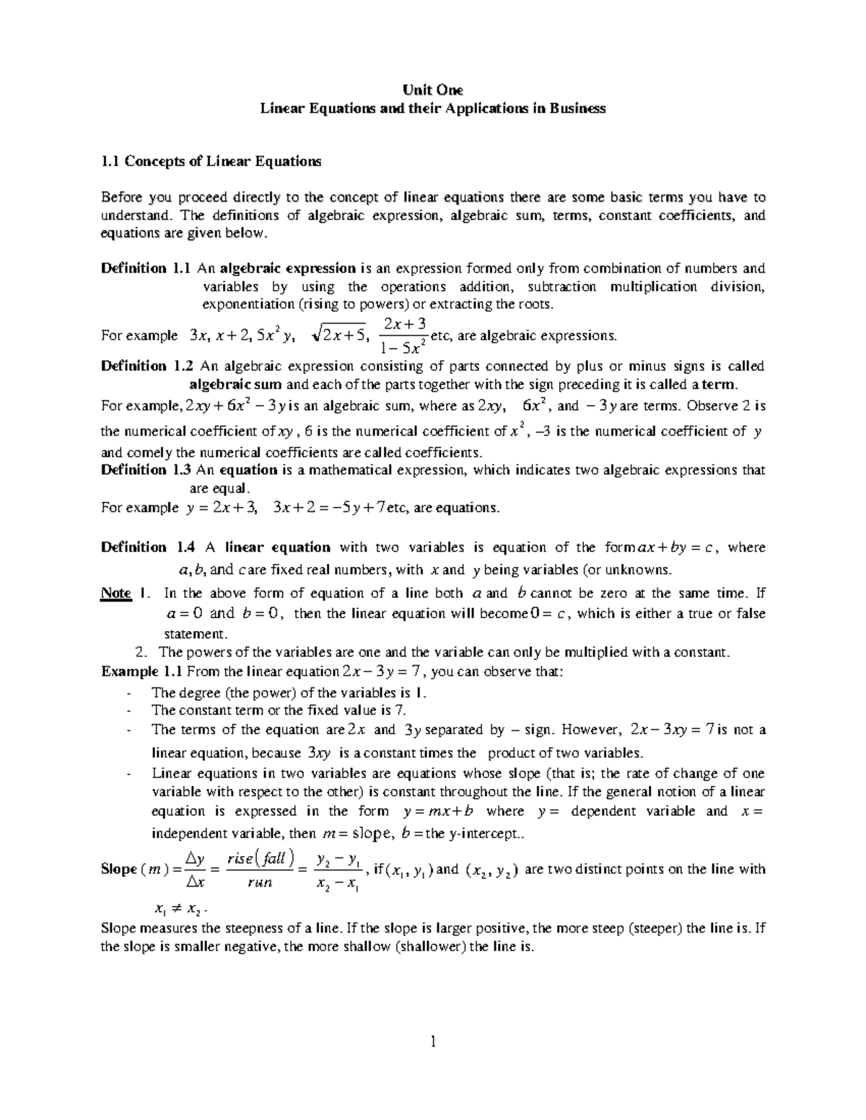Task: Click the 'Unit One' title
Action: (x=433, y=90)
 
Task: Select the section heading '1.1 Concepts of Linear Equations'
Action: (x=211, y=162)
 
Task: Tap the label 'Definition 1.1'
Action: (x=146, y=268)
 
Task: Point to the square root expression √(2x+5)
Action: (x=340, y=335)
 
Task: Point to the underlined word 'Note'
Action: (x=115, y=594)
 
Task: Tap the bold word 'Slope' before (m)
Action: (x=119, y=869)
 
